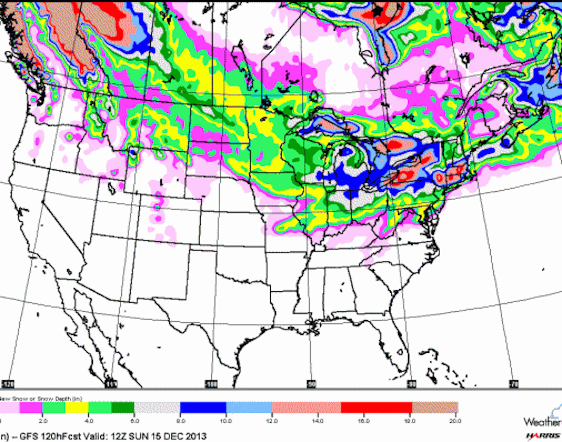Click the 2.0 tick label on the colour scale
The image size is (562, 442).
(43, 421)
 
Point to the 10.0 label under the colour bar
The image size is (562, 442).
(226, 421)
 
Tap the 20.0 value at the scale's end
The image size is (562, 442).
(455, 421)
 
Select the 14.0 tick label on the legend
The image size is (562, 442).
(318, 421)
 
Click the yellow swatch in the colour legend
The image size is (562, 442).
(77, 407)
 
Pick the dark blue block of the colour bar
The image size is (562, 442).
(203, 407)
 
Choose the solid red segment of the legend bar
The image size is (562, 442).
(376, 407)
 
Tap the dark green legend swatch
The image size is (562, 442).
(123, 407)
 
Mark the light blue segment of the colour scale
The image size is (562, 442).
(249, 407)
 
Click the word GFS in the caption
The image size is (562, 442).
(29, 436)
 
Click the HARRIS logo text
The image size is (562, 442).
(543, 436)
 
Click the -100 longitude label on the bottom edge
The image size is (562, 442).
(211, 384)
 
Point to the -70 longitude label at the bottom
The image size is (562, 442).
(514, 384)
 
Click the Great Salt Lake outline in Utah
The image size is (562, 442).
(112, 189)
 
